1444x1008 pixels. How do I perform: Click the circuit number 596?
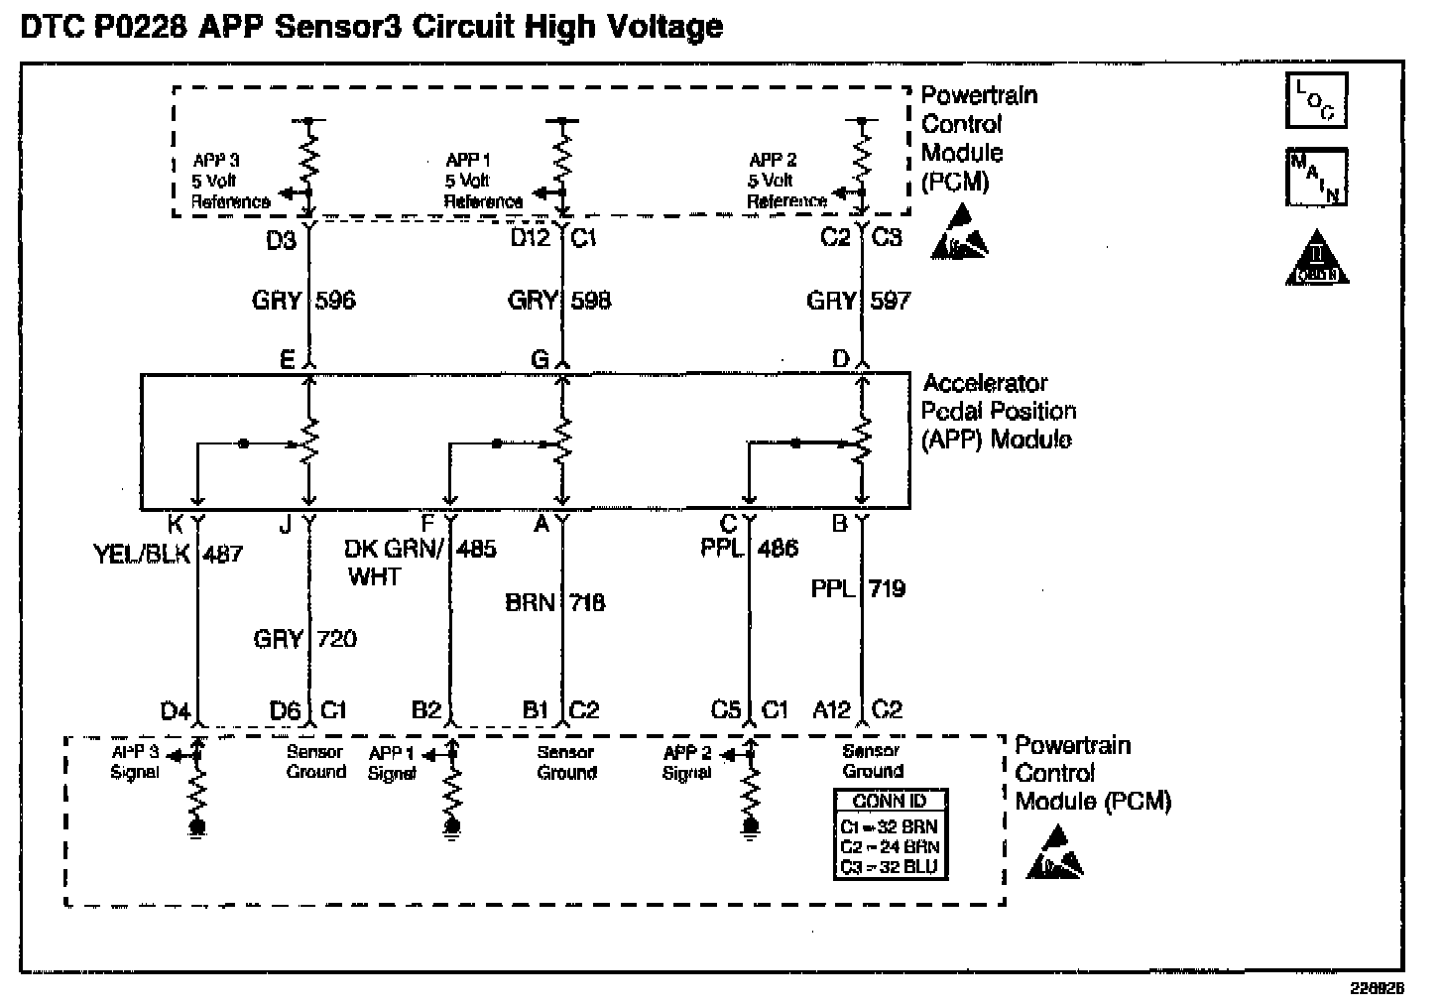(335, 301)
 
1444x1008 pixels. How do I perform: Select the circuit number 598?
(591, 301)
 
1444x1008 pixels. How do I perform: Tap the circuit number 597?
(890, 301)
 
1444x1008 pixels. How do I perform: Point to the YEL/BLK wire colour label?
(141, 554)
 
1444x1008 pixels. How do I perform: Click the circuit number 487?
(222, 554)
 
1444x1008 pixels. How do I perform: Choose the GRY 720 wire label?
(305, 639)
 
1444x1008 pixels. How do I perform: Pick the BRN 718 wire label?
(555, 602)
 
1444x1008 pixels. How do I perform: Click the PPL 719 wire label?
(858, 589)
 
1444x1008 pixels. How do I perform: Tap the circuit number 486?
(778, 549)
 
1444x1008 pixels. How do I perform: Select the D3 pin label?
(282, 240)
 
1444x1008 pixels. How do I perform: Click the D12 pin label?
(531, 239)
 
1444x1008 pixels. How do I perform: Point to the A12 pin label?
(831, 710)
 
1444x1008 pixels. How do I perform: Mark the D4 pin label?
(175, 711)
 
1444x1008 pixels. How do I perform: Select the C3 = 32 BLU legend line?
(889, 866)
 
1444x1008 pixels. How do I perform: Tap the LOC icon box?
(1316, 101)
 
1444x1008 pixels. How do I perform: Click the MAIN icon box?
(1316, 177)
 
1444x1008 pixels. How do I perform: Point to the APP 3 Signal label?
(136, 762)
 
